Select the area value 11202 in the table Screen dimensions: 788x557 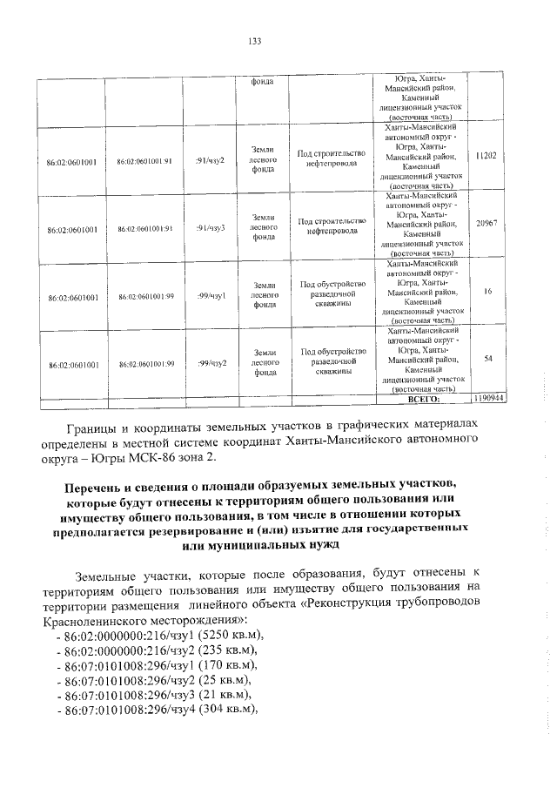tap(487, 156)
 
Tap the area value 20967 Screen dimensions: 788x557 tap(487, 224)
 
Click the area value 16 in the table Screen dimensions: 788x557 tap(487, 292)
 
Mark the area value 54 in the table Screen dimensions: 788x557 tap(487, 358)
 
